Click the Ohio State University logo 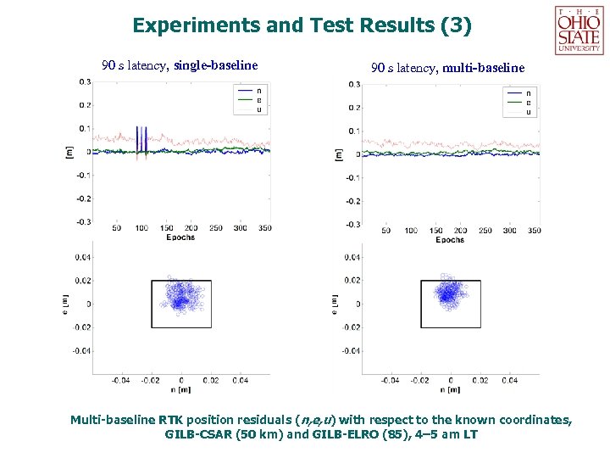(579, 29)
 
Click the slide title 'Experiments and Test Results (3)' (302, 25)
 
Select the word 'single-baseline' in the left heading (215, 64)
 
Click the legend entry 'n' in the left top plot (258, 90)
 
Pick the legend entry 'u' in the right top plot (529, 112)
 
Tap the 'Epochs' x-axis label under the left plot (180, 237)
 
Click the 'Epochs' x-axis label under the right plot (450, 240)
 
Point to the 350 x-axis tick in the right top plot (533, 231)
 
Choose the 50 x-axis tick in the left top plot (116, 228)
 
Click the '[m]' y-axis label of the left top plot (69, 151)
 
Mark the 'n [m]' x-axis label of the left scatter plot (180, 389)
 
